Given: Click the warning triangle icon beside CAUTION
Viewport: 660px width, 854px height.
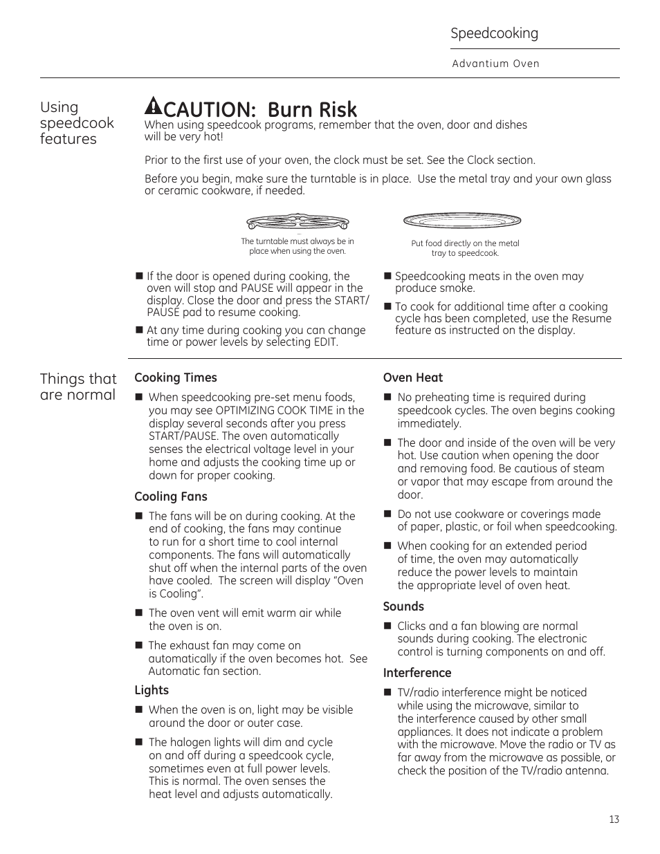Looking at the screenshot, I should pos(152,106).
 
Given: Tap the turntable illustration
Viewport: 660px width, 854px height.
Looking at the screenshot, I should pos(297,223).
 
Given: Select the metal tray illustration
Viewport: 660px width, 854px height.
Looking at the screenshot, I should pos(462,221).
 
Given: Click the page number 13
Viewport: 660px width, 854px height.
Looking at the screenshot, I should pos(614,819).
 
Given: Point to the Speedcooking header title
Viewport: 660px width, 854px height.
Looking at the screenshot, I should pos(494,33).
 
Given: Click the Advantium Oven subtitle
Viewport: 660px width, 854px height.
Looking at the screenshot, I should pos(495,64).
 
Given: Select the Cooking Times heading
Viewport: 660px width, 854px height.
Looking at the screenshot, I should pos(176,378).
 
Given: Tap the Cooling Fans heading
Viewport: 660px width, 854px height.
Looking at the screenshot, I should pos(171,496).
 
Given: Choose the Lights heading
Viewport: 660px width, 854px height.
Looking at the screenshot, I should pos(152,690).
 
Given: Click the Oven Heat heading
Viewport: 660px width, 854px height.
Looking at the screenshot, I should pos(413,378).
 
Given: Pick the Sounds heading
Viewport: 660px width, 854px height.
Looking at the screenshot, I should pos(403,606).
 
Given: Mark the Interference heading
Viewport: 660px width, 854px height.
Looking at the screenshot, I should pos(417,673).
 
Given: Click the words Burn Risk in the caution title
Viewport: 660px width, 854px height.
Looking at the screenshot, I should pos(312,109).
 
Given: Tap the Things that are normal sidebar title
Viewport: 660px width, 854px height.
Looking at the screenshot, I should pos(78,387).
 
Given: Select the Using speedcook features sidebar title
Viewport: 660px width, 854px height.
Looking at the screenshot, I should pos(77,122).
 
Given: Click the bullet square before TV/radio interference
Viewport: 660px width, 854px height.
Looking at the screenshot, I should pos(387,692).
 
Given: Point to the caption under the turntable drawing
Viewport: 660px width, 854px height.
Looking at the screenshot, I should pos(297,246).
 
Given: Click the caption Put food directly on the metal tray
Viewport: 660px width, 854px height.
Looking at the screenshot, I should pos(465,248).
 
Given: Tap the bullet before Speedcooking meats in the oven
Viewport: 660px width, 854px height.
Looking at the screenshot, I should pos(387,277).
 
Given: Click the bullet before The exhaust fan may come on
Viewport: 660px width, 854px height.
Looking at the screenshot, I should pos(139,645).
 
